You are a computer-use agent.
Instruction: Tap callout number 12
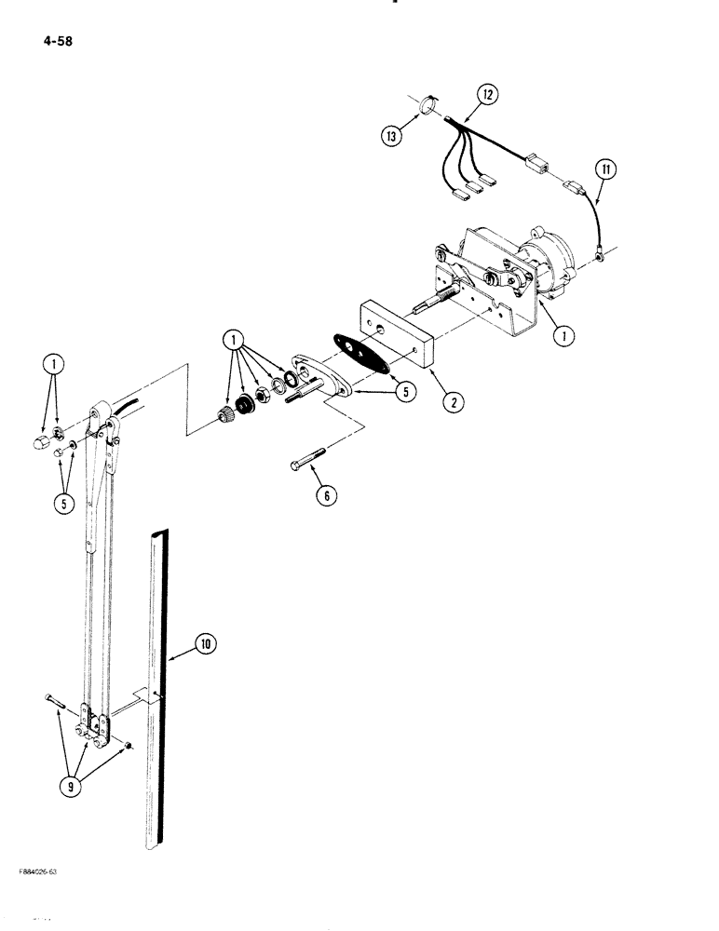tap(487, 93)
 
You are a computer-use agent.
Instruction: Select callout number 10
tap(205, 642)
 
